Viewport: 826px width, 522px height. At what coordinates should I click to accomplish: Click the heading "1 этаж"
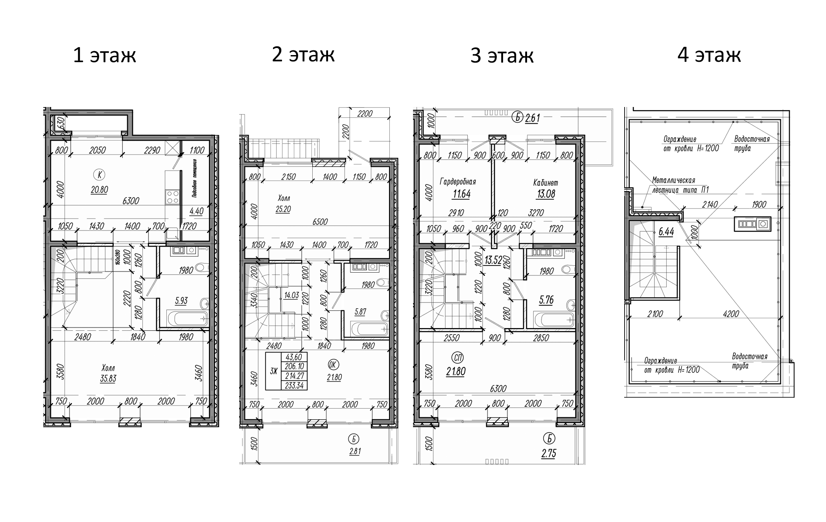pos(105,55)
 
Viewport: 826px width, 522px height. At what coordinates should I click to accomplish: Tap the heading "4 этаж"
pos(709,54)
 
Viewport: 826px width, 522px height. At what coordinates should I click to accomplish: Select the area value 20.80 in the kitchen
pos(99,190)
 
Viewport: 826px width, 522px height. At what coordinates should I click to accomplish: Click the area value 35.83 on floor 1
pos(108,379)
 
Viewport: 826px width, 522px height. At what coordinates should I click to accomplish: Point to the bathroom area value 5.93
pos(181,301)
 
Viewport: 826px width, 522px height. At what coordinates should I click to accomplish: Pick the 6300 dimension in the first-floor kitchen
pos(131,201)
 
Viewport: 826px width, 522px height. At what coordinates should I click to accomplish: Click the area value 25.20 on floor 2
pos(283,209)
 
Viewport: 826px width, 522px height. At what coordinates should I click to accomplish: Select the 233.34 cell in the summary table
pos(294,386)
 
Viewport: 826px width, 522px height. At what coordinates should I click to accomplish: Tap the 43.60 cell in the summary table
pos(294,357)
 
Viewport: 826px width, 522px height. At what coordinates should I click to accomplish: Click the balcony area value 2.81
pos(355,452)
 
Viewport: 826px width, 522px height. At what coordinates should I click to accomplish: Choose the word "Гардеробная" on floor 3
pos(457,182)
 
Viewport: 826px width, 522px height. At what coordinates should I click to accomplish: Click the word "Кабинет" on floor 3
pos(546,183)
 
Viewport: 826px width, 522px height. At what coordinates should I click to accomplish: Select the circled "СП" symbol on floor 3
pos(458,357)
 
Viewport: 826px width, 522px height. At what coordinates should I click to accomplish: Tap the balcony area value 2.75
pos(548,454)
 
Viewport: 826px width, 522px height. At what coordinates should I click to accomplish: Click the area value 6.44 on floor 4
pos(666,232)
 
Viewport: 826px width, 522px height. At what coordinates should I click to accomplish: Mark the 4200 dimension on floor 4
pos(730,314)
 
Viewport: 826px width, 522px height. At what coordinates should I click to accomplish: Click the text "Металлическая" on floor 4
pos(673,181)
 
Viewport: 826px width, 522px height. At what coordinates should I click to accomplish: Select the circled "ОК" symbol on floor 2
pos(333,365)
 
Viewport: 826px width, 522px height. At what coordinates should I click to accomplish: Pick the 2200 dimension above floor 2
pos(365,114)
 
